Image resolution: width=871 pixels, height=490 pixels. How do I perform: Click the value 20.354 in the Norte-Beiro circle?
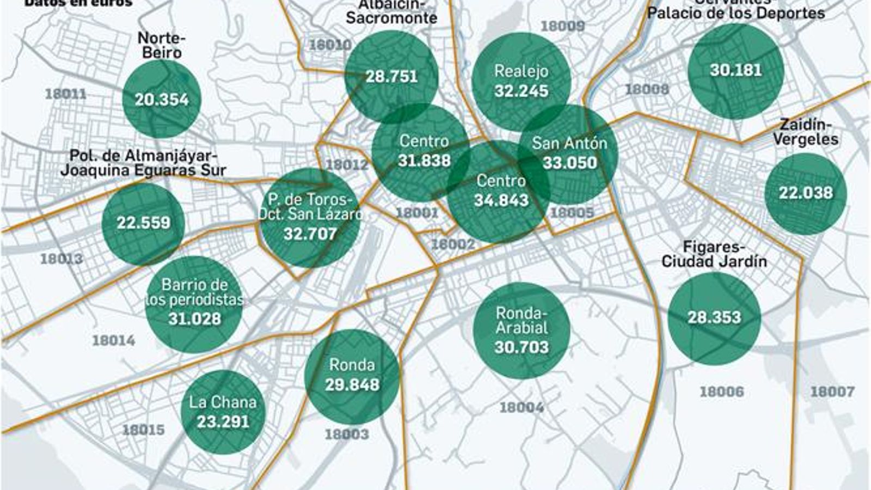[162, 100]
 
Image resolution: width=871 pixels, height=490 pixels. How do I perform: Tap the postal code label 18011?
[65, 94]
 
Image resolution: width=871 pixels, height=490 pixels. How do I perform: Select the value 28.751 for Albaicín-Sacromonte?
[391, 76]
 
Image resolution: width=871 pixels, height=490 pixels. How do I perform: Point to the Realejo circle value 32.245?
[521, 91]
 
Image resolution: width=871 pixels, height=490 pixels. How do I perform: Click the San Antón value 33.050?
[569, 162]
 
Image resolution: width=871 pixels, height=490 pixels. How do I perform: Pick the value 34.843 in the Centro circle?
[501, 200]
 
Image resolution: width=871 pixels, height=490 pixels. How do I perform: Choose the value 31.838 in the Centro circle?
[424, 161]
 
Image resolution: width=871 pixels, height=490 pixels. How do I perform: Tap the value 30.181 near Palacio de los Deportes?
[735, 70]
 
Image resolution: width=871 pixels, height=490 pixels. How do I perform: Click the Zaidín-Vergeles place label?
[805, 132]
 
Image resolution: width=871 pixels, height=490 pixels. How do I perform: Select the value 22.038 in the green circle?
[805, 193]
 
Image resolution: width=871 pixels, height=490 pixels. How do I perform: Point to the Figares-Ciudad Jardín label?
[714, 254]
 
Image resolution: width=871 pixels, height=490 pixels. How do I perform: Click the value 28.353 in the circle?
[714, 317]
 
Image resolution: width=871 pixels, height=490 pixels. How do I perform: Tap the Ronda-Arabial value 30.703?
[521, 347]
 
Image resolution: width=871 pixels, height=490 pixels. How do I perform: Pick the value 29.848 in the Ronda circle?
[352, 385]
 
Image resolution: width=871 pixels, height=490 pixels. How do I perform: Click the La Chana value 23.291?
[223, 422]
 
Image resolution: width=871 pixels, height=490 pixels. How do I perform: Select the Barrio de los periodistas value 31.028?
[194, 319]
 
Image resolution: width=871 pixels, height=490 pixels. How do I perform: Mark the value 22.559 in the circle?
[143, 223]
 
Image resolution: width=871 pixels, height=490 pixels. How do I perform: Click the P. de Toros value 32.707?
[310, 234]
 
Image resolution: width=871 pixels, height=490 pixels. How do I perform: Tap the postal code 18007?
[832, 391]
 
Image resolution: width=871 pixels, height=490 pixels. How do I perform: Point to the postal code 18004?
[521, 407]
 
